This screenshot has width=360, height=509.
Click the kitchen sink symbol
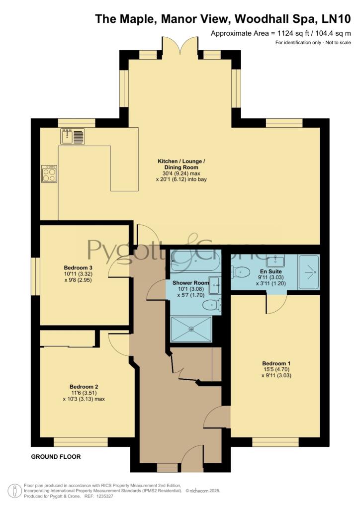click(x=74, y=136)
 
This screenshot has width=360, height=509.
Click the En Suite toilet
click(x=241, y=272)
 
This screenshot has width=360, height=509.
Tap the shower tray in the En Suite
click(x=308, y=272)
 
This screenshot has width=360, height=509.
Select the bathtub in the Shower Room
click(x=194, y=260)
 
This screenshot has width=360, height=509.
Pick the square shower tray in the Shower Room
click(x=191, y=329)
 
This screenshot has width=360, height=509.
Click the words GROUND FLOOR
click(x=56, y=456)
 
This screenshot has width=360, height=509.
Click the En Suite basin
click(x=274, y=260)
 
